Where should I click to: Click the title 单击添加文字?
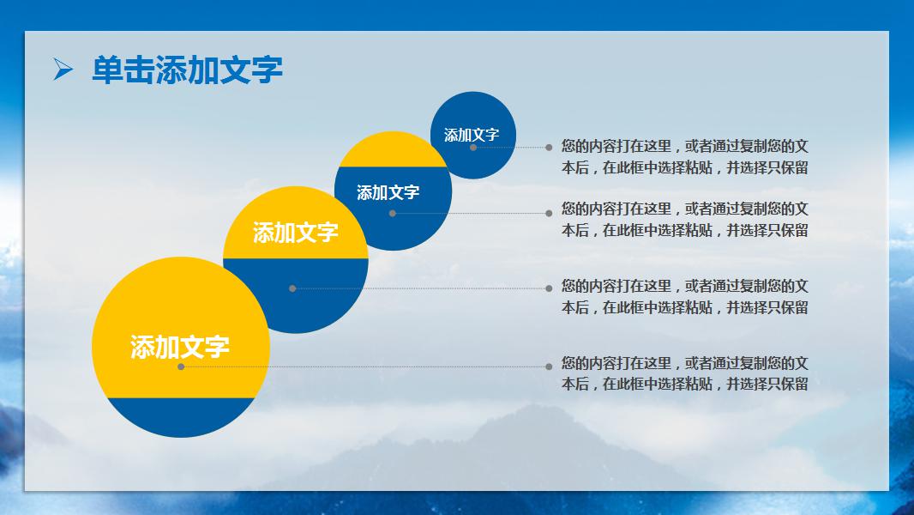click(x=187, y=70)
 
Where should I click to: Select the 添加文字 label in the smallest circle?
click(x=472, y=135)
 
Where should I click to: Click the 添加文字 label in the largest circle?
click(x=180, y=347)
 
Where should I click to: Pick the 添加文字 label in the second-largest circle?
click(x=296, y=232)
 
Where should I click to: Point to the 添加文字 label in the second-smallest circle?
click(x=388, y=192)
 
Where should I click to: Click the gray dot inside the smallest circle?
click(x=473, y=148)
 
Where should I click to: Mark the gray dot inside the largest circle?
click(x=181, y=367)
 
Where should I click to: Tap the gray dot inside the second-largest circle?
click(x=292, y=288)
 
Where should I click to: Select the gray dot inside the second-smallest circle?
click(x=393, y=213)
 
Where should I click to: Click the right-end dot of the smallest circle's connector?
click(x=549, y=148)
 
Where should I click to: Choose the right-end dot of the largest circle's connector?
click(x=549, y=367)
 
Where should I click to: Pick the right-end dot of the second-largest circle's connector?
click(x=549, y=288)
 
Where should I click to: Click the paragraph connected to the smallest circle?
click(x=684, y=156)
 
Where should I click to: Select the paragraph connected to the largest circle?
click(x=684, y=373)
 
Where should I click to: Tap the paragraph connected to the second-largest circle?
click(x=684, y=296)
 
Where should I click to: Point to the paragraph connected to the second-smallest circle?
click(x=684, y=219)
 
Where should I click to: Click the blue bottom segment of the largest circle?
click(x=181, y=417)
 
